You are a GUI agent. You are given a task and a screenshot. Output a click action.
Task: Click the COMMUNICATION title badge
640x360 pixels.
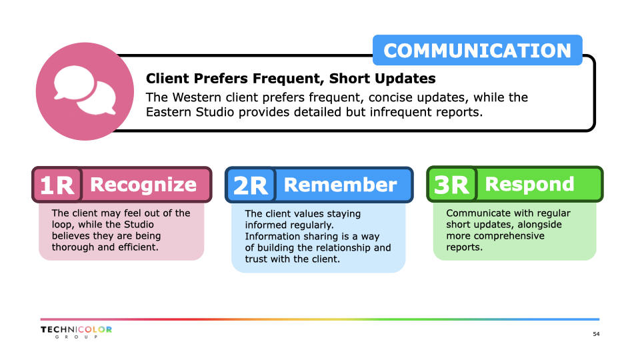[477, 50]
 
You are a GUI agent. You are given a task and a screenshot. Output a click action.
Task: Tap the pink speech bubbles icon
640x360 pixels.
[85, 91]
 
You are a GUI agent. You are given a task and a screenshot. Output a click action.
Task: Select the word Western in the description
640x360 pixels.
[197, 97]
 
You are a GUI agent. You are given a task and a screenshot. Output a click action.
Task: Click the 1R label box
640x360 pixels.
[57, 185]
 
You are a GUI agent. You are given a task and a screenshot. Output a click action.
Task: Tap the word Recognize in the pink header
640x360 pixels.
[143, 185]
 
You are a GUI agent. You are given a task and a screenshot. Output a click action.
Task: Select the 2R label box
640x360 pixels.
[250, 185]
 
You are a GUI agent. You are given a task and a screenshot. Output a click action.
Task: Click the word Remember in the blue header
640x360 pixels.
[340, 185]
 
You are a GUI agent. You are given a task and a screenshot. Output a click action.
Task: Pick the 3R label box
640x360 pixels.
[451, 185]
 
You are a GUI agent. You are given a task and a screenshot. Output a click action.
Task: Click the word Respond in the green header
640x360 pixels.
[529, 185]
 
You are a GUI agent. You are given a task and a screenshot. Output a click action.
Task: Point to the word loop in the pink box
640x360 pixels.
[61, 225]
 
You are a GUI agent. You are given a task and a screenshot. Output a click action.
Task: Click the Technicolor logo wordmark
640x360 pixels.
[76, 329]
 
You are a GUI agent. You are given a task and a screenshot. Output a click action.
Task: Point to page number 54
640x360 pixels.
[596, 334]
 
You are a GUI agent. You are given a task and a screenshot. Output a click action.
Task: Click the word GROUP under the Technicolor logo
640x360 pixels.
[76, 337]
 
